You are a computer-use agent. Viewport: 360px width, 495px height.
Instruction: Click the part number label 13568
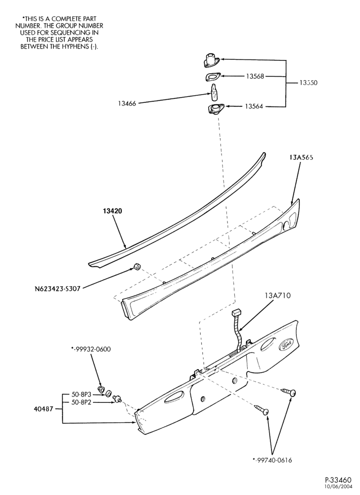coord(255,76)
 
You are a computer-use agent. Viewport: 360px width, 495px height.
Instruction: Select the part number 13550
coord(308,83)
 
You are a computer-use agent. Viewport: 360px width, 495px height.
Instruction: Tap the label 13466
coord(127,103)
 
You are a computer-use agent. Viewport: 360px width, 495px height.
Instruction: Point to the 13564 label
coord(254,107)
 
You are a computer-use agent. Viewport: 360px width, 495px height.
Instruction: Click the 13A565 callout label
coord(301,157)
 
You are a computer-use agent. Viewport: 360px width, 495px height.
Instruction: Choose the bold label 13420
coord(112,211)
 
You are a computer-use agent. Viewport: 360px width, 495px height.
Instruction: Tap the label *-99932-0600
coord(91,349)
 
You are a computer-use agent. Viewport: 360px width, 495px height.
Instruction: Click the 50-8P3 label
coord(82,395)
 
